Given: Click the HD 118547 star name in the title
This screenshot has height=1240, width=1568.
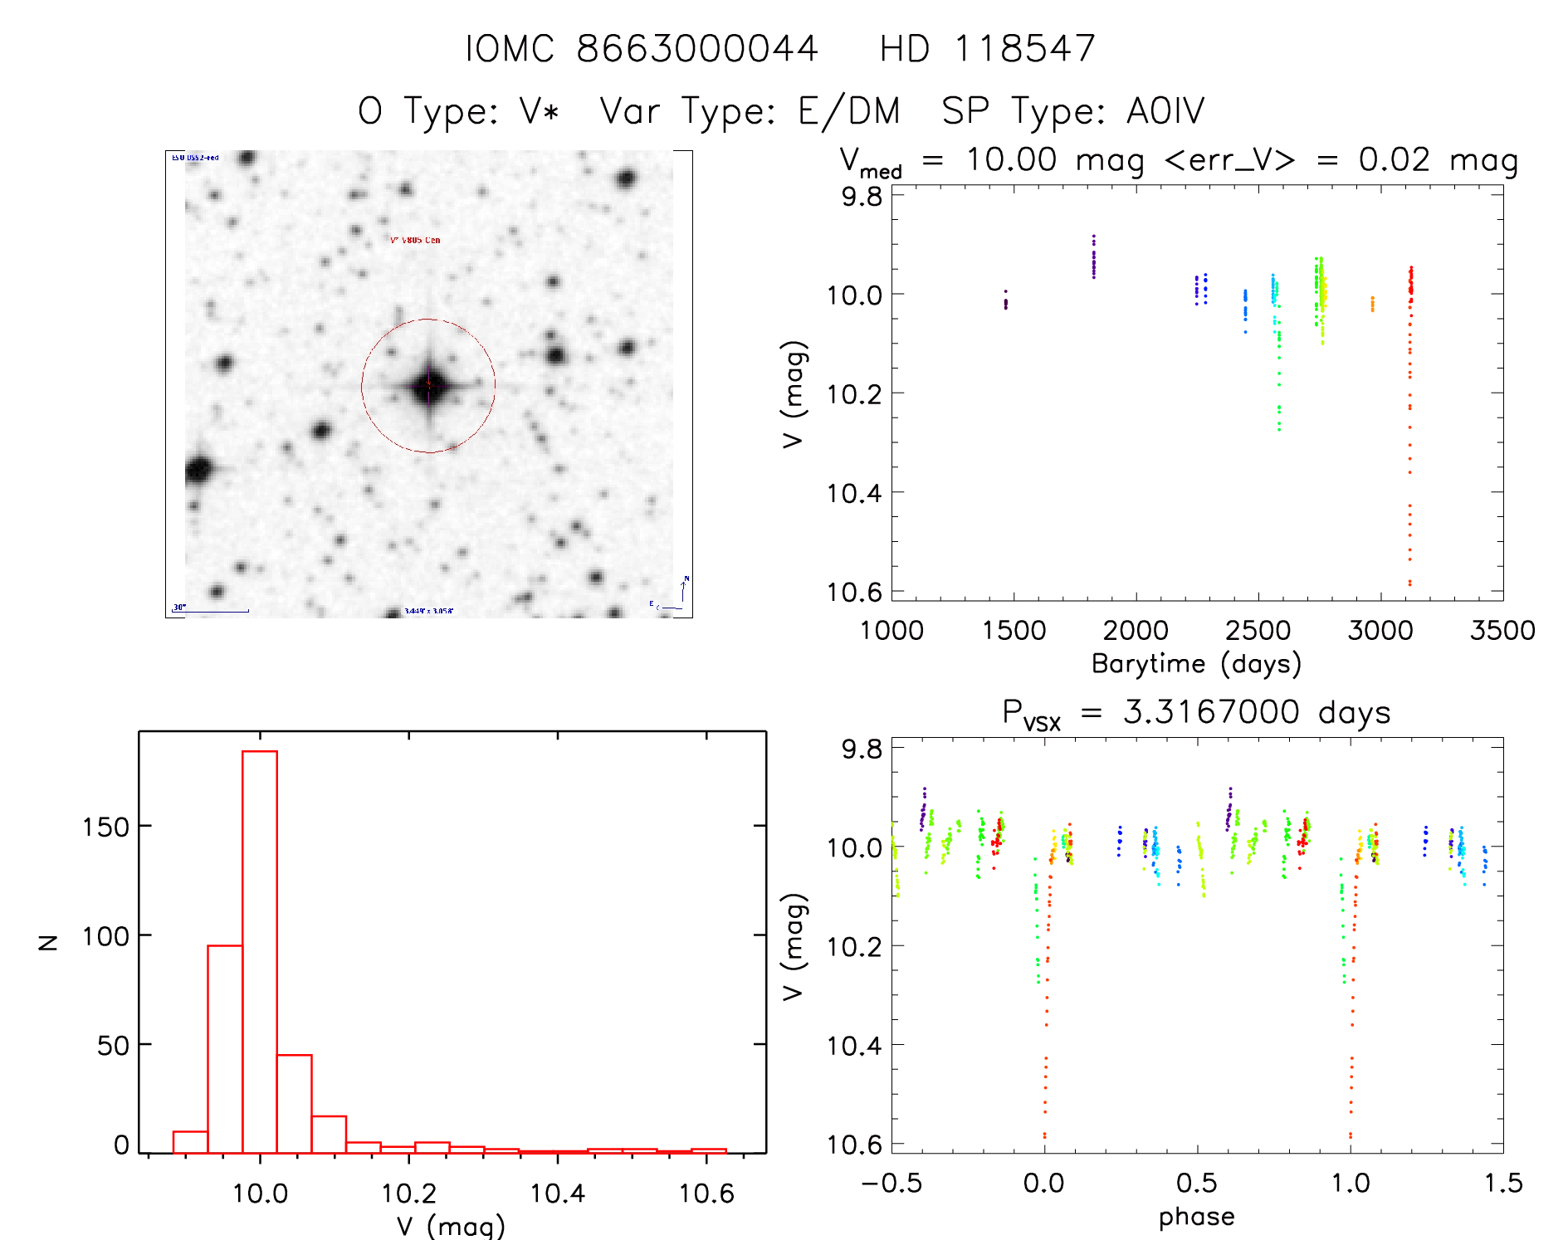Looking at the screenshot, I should [x=987, y=48].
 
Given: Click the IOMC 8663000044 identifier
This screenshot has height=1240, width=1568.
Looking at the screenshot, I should [x=642, y=48].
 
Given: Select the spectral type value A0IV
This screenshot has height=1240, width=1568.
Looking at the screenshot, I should [x=1165, y=110].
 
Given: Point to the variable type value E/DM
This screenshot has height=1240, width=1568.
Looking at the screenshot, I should [x=848, y=110].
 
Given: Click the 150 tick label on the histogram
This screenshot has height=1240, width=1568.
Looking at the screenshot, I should [x=106, y=827].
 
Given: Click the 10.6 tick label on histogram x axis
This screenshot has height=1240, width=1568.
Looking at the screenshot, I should [x=706, y=1194].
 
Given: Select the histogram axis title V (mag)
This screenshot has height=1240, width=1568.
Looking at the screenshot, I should [x=451, y=1225].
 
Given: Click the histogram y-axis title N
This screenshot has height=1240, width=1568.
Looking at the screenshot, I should [x=49, y=942].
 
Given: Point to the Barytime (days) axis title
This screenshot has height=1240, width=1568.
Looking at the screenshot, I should [x=1196, y=664].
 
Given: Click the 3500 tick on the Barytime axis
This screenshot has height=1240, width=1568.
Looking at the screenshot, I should [x=1502, y=631].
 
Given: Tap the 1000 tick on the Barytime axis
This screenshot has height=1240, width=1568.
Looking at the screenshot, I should [x=891, y=631].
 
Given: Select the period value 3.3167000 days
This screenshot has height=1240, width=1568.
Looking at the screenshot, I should [x=1257, y=712].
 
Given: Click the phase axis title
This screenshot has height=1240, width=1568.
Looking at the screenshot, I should [x=1196, y=1217].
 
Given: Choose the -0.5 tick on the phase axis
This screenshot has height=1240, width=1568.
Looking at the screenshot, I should [x=891, y=1184].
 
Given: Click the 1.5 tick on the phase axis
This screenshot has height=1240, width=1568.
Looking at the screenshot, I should [x=1503, y=1184].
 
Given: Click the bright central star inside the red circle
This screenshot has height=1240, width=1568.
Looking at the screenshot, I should [x=429, y=386].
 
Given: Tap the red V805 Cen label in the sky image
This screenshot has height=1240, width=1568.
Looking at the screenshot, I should [x=416, y=240].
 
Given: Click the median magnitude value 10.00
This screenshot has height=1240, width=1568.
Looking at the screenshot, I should [x=1011, y=159].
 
